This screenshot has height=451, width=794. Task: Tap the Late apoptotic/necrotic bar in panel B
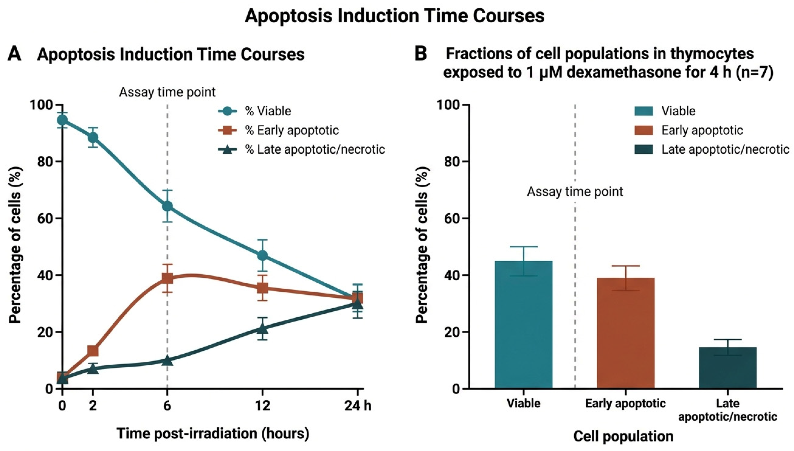pyautogui.click(x=728, y=368)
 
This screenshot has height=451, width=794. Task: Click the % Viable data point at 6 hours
pyautogui.click(x=167, y=206)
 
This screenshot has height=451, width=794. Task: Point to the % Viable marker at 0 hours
pyautogui.click(x=62, y=120)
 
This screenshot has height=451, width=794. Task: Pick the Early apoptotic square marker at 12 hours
pyautogui.click(x=262, y=288)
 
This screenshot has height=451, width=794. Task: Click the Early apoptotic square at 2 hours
pyautogui.click(x=93, y=351)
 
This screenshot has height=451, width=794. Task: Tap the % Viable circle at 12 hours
pyautogui.click(x=262, y=256)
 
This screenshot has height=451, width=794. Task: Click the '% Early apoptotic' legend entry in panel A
pyautogui.click(x=278, y=130)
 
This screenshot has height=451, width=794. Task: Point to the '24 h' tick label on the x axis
pyautogui.click(x=358, y=406)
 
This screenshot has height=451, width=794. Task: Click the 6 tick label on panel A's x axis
pyautogui.click(x=167, y=406)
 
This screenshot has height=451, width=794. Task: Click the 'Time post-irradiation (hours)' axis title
pyautogui.click(x=213, y=434)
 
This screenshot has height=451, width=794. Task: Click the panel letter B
pyautogui.click(x=420, y=54)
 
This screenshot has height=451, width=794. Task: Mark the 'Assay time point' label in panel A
pyautogui.click(x=167, y=92)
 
